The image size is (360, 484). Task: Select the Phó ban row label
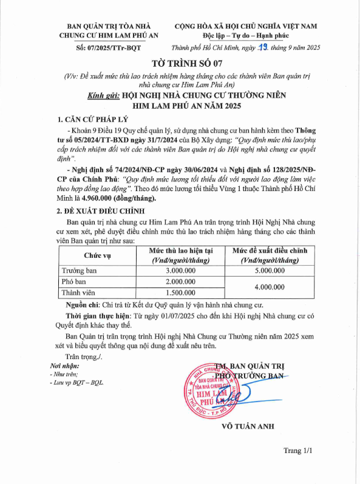coord(74,282)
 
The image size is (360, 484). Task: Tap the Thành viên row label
coord(80,293)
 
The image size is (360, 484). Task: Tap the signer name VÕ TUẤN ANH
coord(245,425)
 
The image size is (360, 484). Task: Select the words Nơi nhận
coord(65,366)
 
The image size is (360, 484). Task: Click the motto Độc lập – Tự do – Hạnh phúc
coord(245,36)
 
